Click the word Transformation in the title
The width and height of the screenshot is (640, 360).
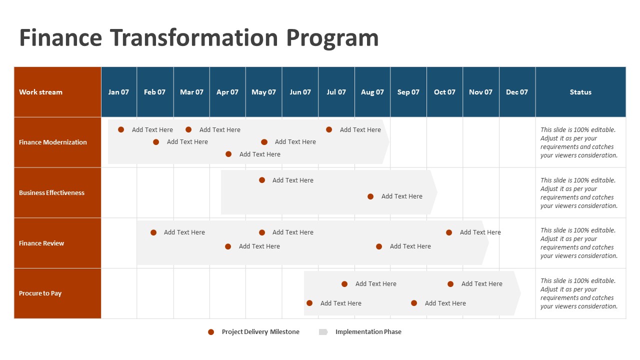click(194, 38)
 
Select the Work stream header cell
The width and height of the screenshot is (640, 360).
click(40, 92)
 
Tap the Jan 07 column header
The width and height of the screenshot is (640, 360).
click(118, 92)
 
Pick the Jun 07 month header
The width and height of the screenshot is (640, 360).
click(300, 92)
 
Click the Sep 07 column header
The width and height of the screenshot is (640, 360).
click(408, 92)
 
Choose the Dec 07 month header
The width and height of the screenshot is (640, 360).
click(516, 92)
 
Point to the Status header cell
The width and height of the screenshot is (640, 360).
click(580, 92)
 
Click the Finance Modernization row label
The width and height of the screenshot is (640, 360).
click(53, 142)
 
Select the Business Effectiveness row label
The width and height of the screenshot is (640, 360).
click(51, 192)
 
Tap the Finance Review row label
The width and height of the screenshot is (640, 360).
click(41, 243)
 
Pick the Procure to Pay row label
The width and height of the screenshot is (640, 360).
click(40, 293)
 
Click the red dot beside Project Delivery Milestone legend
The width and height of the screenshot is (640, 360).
click(211, 332)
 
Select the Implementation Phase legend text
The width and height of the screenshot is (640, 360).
click(368, 332)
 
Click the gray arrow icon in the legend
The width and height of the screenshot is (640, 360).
click(323, 332)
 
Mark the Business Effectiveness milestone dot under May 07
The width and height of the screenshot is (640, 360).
click(262, 180)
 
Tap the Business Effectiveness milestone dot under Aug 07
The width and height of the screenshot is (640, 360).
click(370, 196)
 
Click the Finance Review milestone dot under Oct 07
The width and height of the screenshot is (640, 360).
click(449, 232)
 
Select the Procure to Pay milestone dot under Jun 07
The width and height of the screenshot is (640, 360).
click(309, 303)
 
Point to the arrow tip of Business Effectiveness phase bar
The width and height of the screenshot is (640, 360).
click(436, 192)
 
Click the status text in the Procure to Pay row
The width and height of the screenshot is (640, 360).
click(579, 293)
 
